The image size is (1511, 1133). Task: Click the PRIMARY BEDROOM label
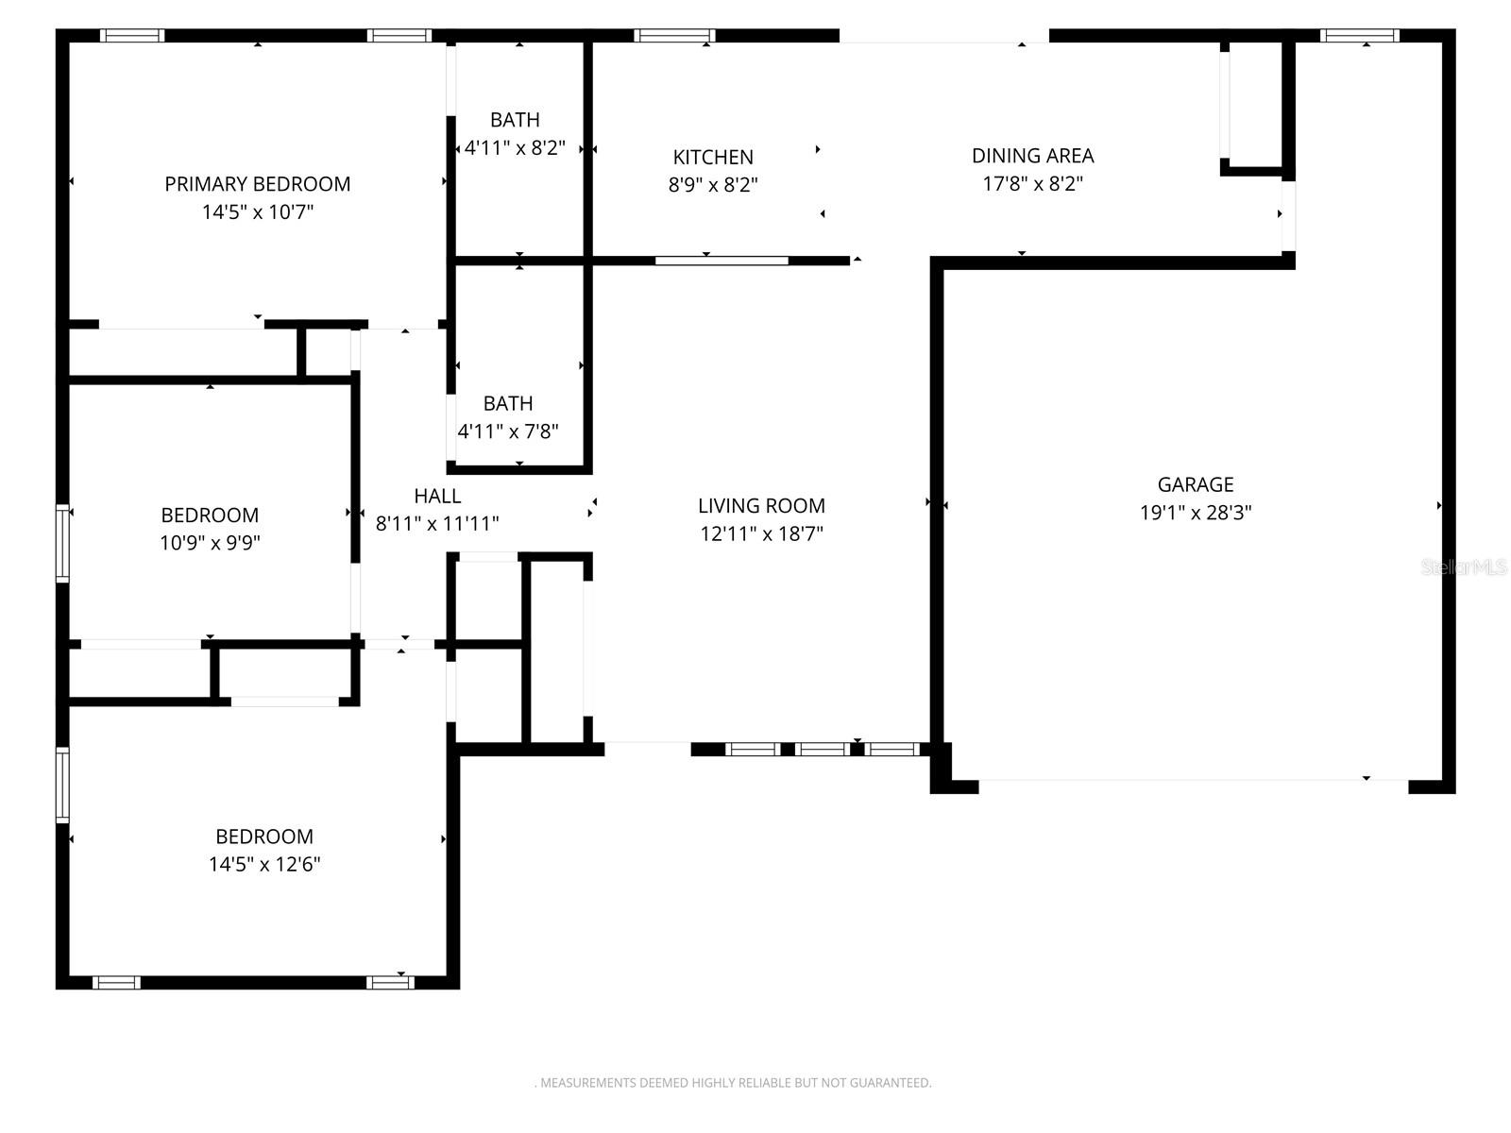pos(257,184)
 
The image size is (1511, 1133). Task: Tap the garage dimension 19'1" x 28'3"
pos(1196,513)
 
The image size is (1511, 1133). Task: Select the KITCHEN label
pos(713,157)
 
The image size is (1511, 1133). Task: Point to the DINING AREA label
pos(1032,155)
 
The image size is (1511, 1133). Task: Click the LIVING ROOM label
pos(761,505)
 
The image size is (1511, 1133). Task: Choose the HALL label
pos(437,496)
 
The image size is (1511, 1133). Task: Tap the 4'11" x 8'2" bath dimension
pos(515,147)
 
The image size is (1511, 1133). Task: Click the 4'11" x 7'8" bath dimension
pos(508,431)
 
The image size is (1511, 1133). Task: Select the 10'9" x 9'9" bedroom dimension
pos(210,543)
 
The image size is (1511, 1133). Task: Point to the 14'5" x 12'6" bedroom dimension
pos(264,864)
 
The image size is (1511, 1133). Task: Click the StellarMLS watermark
pos(1464,566)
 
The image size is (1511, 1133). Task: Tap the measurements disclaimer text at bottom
pos(733,1083)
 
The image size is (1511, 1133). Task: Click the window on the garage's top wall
pos(1359,36)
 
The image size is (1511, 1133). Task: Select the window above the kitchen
pos(674,36)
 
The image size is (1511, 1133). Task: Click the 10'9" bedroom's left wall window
pos(62,543)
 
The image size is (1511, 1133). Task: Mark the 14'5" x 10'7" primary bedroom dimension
pos(257,211)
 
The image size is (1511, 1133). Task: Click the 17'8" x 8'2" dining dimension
pos(1032,183)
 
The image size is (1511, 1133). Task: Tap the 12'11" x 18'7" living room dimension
pos(761,533)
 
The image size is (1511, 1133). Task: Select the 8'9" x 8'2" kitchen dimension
pos(713,185)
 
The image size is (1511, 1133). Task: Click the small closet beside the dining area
pos(1254,104)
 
